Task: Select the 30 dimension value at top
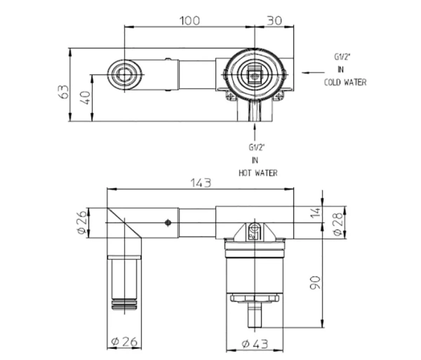click(275, 20)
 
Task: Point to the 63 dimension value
click(63, 92)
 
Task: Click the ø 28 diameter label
click(337, 222)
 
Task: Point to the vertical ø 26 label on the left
click(81, 222)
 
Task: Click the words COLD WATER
click(345, 82)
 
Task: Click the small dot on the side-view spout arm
click(167, 223)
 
